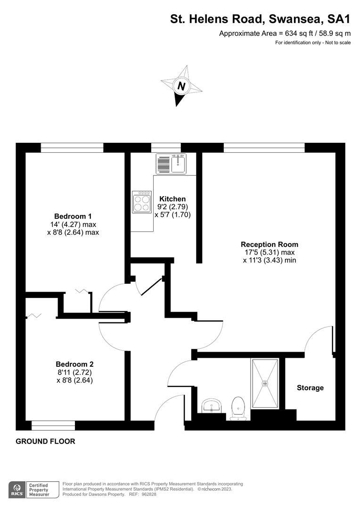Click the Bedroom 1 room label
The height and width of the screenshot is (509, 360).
pos(73,216)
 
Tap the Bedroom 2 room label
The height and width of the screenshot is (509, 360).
pos(74,364)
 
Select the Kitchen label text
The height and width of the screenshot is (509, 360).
pos(172,199)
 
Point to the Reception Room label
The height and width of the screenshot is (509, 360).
pos(270,245)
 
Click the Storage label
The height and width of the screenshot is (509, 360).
pos(310,387)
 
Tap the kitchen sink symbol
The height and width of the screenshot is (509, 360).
pos(171,164)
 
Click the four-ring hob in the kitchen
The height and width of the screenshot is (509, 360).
pos(142,202)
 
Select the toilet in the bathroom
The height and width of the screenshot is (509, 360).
pos(238,408)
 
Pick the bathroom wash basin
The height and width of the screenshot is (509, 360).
pos(211,406)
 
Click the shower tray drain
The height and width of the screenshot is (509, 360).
pos(266,383)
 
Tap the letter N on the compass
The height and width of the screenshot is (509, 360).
pos(181,86)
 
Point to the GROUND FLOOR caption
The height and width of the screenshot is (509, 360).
pos(45,442)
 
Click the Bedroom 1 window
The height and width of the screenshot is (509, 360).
pos(72,148)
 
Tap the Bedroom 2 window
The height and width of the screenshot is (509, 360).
pos(53,426)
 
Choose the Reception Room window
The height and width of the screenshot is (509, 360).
pos(264,148)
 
